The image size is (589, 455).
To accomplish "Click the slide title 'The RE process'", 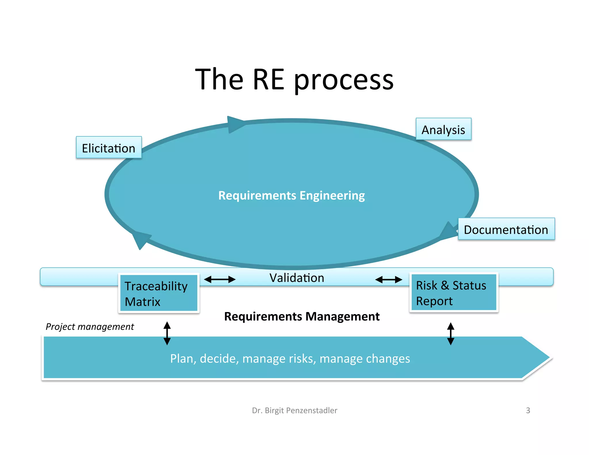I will click(294, 79).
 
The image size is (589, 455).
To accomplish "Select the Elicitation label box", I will click(109, 148).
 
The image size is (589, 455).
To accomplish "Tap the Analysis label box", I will click(443, 129).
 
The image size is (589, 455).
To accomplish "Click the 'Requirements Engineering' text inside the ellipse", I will click(291, 196).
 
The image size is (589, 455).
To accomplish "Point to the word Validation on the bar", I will click(297, 278).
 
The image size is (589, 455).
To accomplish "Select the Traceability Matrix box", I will click(159, 293).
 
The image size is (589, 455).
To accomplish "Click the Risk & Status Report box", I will click(454, 293).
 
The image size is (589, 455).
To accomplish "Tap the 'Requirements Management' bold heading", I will click(302, 316).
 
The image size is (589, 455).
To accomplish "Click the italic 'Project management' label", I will click(90, 327).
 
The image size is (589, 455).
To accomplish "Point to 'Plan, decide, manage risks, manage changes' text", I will click(290, 359).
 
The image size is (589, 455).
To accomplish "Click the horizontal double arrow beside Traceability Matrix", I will click(220, 279).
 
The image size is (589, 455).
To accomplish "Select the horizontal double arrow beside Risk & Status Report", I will click(389, 279).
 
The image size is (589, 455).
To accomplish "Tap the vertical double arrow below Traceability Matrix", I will click(167, 333).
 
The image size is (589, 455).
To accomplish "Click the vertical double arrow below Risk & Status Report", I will click(451, 334).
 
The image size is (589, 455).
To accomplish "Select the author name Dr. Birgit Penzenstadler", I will click(294, 410).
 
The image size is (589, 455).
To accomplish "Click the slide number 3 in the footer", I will click(528, 410).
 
